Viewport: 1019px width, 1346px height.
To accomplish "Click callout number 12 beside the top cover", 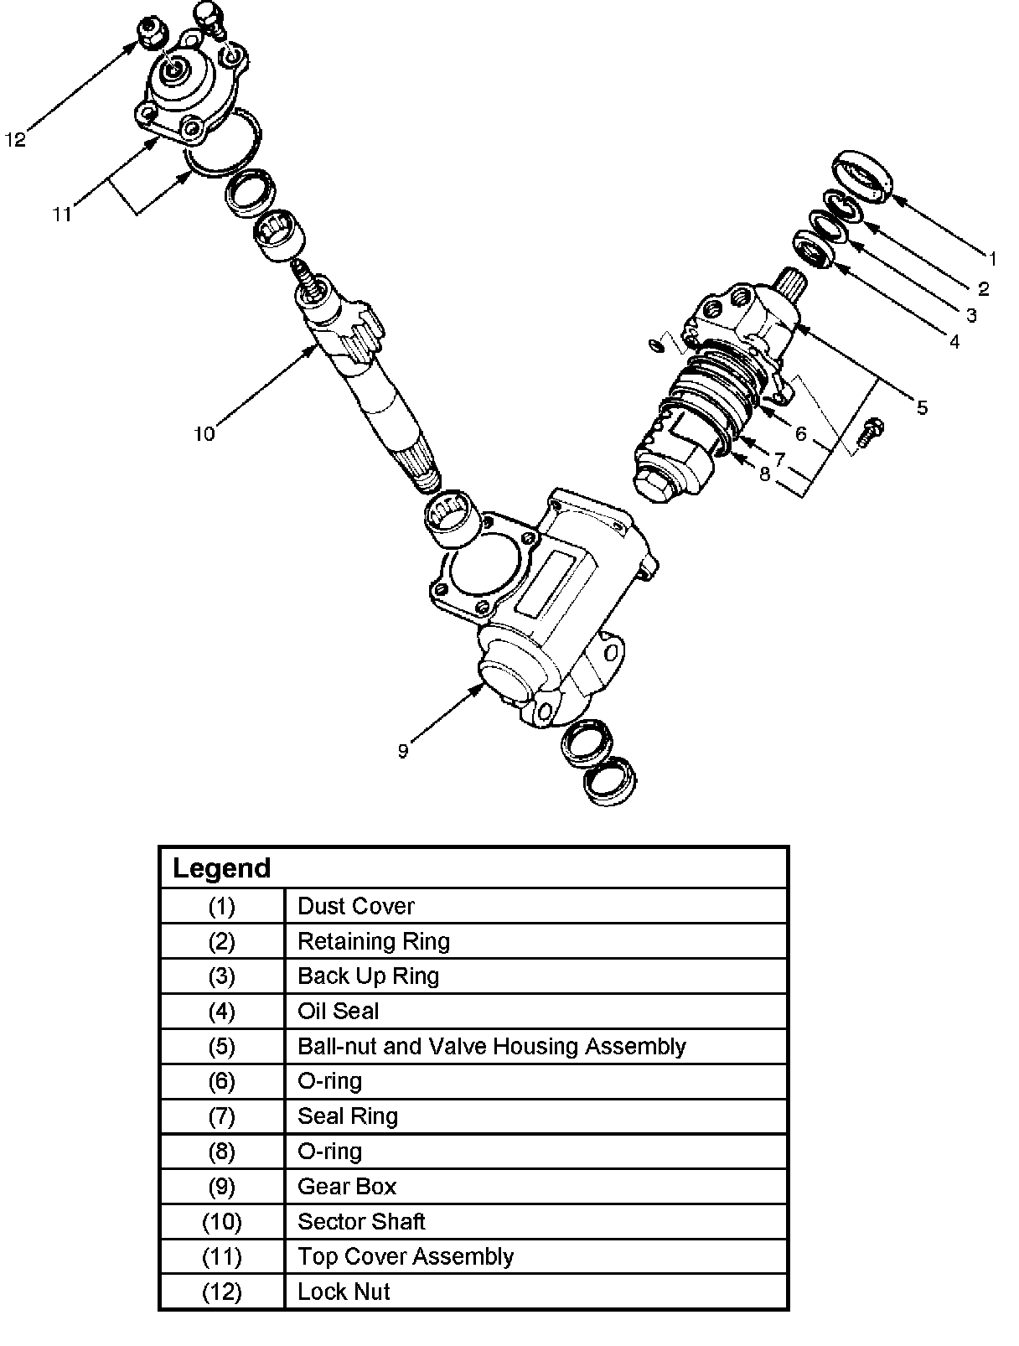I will point(16,139).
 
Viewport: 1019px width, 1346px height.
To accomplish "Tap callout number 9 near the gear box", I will point(403,751).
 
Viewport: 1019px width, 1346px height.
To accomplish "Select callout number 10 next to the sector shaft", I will point(204,433).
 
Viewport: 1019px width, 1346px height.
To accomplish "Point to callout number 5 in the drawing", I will point(922,408).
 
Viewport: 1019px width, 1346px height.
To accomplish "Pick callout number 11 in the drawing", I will point(62,214).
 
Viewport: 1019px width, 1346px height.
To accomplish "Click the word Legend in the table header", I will point(222,868).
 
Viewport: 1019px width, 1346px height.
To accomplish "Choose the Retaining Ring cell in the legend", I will point(374,941).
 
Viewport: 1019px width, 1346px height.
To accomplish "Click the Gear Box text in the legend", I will point(347,1187).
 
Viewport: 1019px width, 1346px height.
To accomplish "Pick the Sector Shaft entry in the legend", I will point(361,1222).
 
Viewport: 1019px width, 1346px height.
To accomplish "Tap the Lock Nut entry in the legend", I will point(344,1292).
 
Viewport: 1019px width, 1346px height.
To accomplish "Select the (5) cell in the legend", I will point(222,1047).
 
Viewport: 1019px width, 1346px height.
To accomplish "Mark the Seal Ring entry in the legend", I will point(348,1116).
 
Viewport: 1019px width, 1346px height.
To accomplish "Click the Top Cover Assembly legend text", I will point(406,1256).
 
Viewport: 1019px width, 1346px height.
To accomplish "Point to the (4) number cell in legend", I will point(222,1012).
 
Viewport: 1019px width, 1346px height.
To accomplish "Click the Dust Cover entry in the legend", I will point(356,906).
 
